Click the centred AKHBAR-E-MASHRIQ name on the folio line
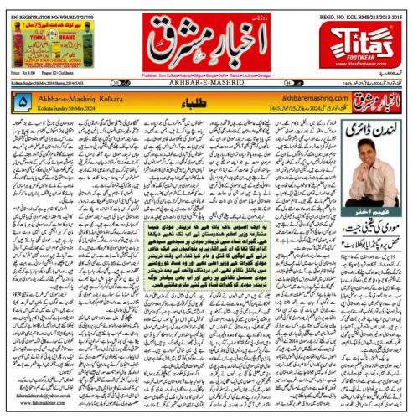click(206, 84)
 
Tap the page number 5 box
click(23, 101)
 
